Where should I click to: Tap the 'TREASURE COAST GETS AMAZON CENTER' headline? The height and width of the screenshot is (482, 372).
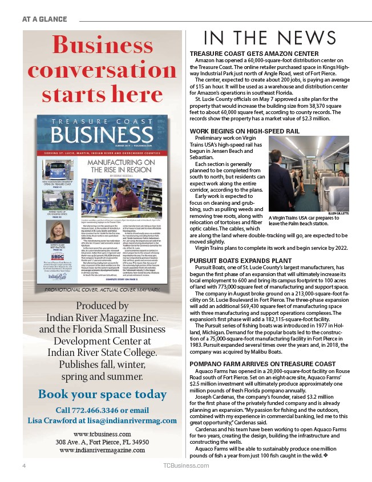(253, 54)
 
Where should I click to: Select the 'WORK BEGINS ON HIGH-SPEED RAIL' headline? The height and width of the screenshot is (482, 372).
(244, 131)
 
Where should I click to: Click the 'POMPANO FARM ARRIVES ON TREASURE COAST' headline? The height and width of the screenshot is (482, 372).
(262, 364)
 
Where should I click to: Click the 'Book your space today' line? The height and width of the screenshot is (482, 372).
(102, 394)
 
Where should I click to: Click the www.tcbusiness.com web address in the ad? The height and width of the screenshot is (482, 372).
(100, 434)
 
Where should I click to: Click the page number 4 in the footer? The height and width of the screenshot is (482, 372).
(23, 466)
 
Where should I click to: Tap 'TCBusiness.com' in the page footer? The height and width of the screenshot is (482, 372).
(185, 466)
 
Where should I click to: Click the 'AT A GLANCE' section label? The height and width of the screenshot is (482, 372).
(45, 19)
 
